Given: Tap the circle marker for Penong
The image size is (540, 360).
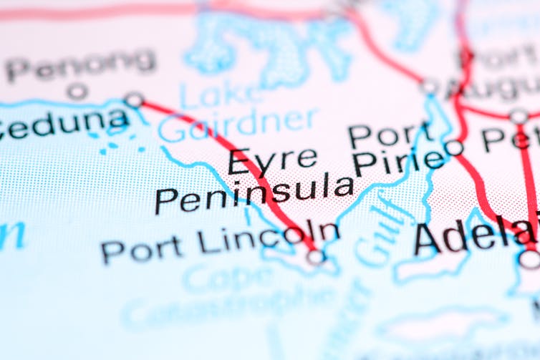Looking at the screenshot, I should click(77, 92).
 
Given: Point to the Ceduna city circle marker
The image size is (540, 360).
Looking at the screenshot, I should click(134, 99).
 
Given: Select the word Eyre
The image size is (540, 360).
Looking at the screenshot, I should click(272, 159).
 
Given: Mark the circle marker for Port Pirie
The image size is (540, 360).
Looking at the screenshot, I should click(454, 148).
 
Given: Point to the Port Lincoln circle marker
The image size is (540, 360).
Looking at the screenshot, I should click(315, 256).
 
